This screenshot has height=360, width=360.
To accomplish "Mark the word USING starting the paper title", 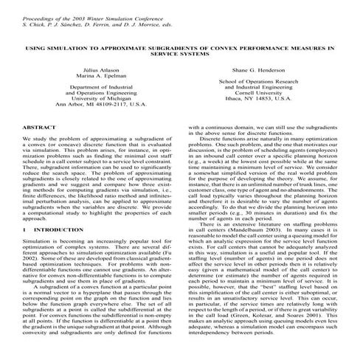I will click(x=36, y=47).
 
